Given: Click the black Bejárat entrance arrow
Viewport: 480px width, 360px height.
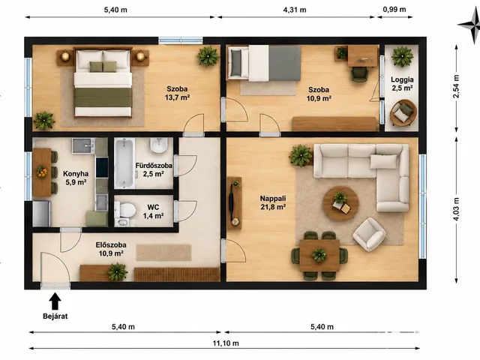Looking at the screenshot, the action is pyautogui.click(x=55, y=301).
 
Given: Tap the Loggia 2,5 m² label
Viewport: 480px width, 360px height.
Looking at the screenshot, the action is pyautogui.click(x=402, y=84).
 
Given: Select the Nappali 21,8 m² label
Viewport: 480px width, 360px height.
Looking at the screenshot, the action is pyautogui.click(x=273, y=202).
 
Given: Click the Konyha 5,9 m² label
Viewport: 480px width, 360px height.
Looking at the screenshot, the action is pyautogui.click(x=76, y=178).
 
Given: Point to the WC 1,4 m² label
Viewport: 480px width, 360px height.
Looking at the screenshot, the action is pyautogui.click(x=153, y=211).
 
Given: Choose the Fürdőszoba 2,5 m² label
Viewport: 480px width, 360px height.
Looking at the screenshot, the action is pyautogui.click(x=154, y=169).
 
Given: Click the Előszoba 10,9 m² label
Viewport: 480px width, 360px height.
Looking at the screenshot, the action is pyautogui.click(x=111, y=249).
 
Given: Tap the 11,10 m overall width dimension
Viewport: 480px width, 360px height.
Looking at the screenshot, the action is pyautogui.click(x=226, y=343).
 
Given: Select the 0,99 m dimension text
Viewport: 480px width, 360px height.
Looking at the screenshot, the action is pyautogui.click(x=394, y=10).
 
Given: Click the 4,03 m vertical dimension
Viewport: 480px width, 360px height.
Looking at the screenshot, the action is pyautogui.click(x=456, y=209).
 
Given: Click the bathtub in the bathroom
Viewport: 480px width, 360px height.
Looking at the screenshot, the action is pyautogui.click(x=124, y=163).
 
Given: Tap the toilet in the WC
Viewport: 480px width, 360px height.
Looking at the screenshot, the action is pyautogui.click(x=125, y=210).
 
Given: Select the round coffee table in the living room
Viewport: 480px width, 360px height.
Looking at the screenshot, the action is pyautogui.click(x=340, y=203).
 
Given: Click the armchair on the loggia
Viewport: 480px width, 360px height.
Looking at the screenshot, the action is pyautogui.click(x=403, y=113).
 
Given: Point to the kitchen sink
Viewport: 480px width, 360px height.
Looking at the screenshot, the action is pyautogui.click(x=83, y=145).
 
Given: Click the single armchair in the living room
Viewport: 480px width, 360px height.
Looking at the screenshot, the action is pyautogui.click(x=369, y=234).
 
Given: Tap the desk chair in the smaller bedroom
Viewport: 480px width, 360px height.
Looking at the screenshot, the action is pyautogui.click(x=359, y=74).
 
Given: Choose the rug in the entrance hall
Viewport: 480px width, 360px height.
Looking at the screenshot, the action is pyautogui.click(x=163, y=253).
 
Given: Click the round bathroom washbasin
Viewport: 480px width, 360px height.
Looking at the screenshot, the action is pyautogui.click(x=159, y=145).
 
